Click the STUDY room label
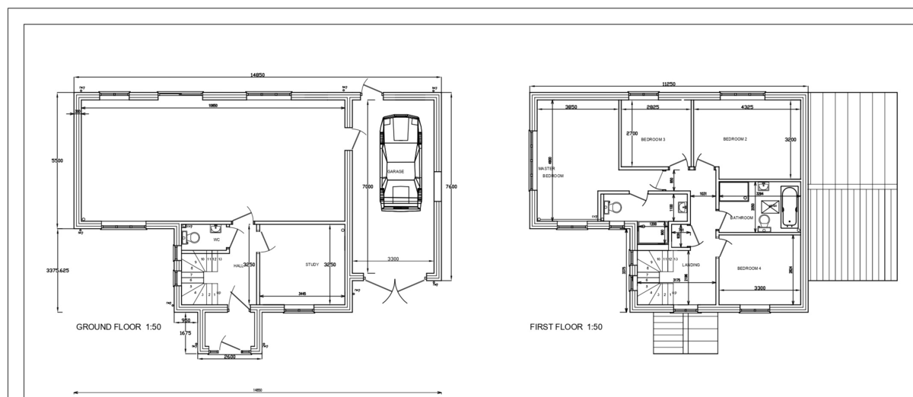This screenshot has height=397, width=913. click(x=312, y=265)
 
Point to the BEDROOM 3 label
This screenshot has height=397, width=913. click(x=653, y=140)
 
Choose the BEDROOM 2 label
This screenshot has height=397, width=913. click(x=735, y=139)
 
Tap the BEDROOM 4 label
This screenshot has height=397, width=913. click(x=749, y=268)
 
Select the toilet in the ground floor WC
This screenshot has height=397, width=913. click(x=193, y=237)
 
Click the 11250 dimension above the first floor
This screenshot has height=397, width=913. click(x=669, y=84)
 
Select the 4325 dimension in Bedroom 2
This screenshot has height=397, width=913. click(x=747, y=107)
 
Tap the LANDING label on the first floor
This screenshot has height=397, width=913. click(x=691, y=265)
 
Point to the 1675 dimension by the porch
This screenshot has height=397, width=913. click(x=185, y=332)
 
